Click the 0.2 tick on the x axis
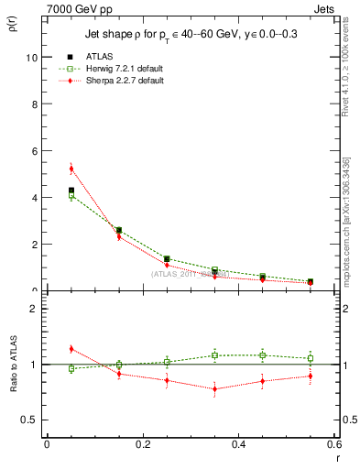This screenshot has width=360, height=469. coord(142,445)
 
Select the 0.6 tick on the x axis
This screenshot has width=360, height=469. coord(333,445)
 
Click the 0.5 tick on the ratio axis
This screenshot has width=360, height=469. coord(29,420)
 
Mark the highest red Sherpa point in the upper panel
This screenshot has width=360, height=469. coord(71,169)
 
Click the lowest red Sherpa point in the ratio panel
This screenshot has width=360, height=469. coord(214,389)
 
